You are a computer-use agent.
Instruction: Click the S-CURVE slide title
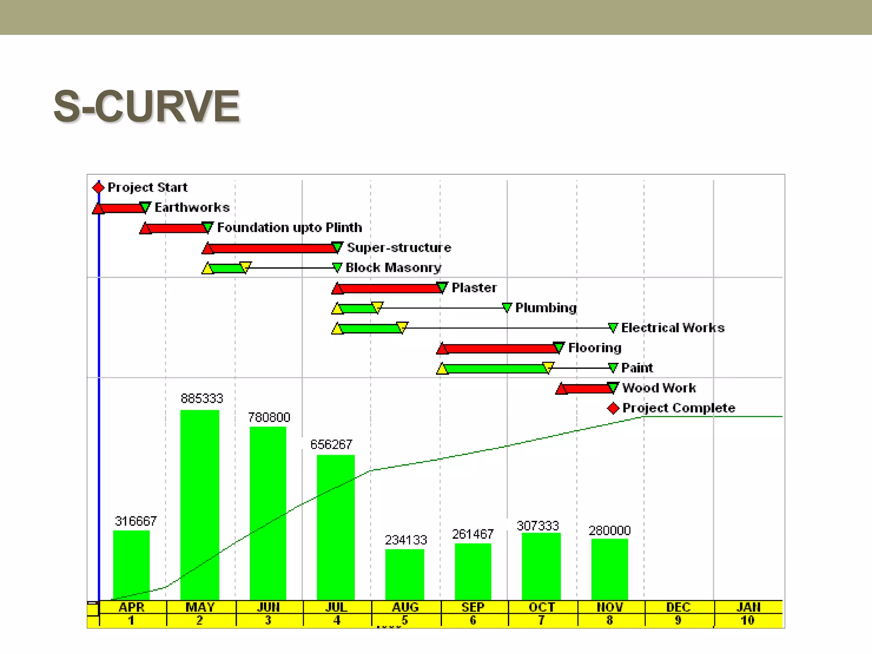[146, 106]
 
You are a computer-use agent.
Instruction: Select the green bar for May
[200, 505]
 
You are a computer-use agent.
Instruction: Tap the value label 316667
[136, 521]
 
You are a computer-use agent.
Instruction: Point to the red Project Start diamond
[98, 187]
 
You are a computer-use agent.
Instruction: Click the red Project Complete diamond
[613, 408]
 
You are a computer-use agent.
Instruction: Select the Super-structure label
[399, 247]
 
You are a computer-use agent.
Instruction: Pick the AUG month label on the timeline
[405, 607]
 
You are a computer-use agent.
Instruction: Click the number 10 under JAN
[748, 620]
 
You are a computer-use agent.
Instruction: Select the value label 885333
[202, 399]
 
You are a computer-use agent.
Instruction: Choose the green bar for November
[609, 569]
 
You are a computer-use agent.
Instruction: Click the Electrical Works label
[673, 327]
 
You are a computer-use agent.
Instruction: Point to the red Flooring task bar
[500, 349]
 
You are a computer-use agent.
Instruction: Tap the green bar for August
[404, 574]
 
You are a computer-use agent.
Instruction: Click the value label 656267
[331, 445]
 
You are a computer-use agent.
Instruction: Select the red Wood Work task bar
[587, 388]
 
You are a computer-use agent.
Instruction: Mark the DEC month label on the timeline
[678, 607]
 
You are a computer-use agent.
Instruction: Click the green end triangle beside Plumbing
[507, 307]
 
